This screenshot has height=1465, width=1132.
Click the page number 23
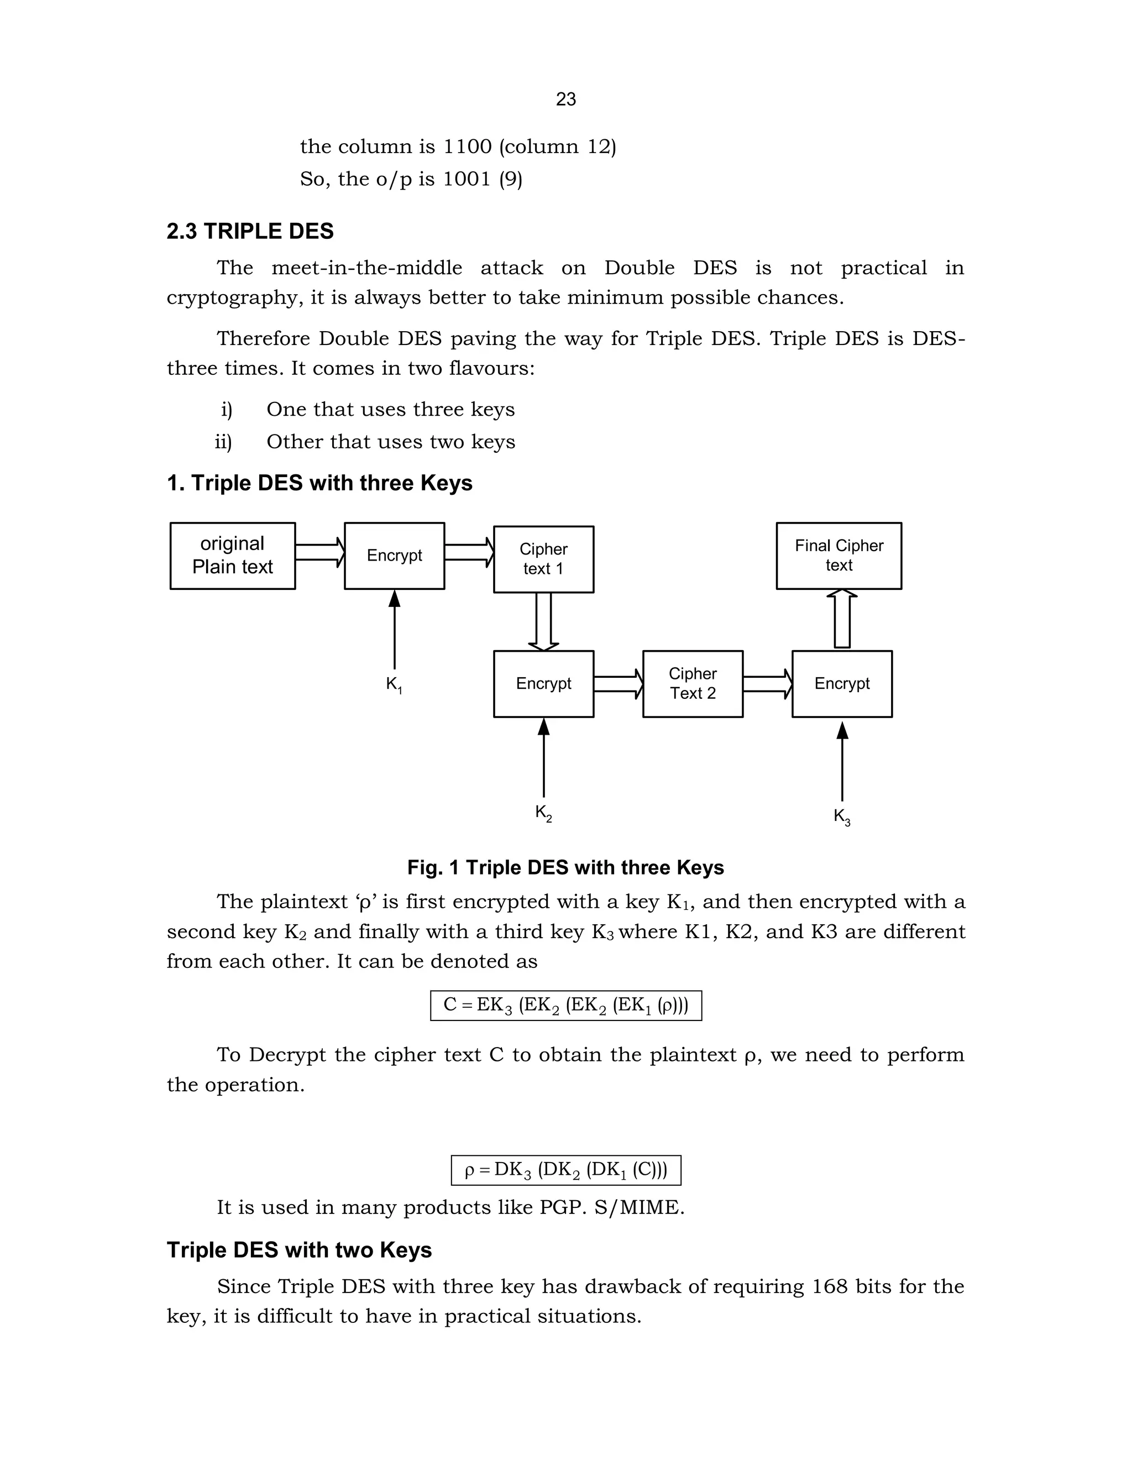click(x=565, y=100)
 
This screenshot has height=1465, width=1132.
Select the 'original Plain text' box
click(x=232, y=556)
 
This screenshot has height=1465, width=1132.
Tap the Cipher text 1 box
click(x=543, y=559)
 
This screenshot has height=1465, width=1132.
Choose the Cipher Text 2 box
click(x=692, y=683)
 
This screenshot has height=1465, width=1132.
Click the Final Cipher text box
click(x=838, y=556)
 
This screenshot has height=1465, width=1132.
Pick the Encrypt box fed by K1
click(x=394, y=556)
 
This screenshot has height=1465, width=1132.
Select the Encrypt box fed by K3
click(x=842, y=683)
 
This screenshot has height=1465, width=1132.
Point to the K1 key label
click(x=394, y=685)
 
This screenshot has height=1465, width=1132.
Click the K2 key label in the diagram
click(x=543, y=813)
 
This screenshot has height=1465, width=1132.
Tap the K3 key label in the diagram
click(x=842, y=817)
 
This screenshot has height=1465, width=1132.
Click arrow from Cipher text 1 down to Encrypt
click(x=543, y=622)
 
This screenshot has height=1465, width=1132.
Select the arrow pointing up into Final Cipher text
click(x=842, y=619)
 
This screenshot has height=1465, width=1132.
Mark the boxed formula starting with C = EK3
click(x=565, y=1006)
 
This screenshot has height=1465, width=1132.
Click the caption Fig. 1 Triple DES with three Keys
click(x=565, y=867)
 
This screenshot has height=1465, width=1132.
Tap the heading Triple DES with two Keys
click(x=299, y=1250)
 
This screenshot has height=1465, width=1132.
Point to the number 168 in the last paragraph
click(x=830, y=1286)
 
